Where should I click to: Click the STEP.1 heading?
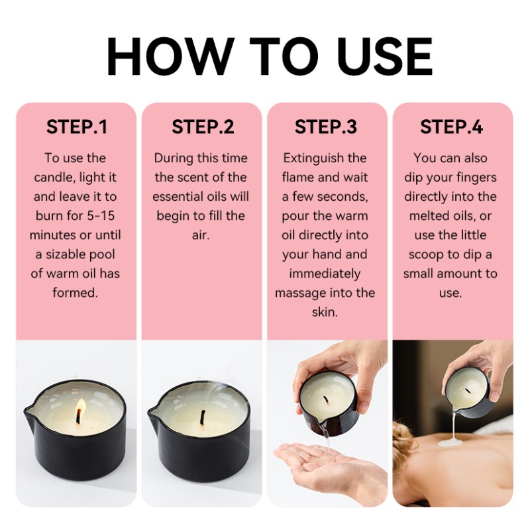(x=76, y=128)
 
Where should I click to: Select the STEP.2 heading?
(x=203, y=128)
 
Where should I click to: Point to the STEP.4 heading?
(x=452, y=128)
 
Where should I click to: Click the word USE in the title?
(x=382, y=56)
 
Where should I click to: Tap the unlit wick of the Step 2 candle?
(x=202, y=417)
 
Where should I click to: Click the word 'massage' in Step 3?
(x=299, y=293)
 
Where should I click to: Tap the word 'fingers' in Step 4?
(x=473, y=178)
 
